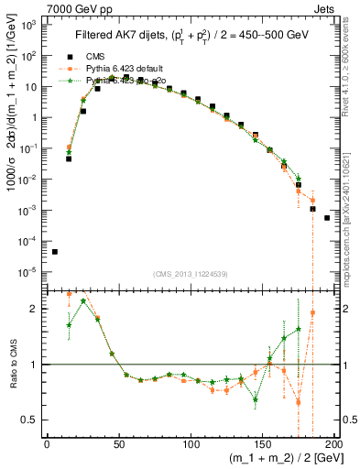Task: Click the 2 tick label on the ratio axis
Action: pos(34,309)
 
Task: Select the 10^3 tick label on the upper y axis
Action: pos(27,25)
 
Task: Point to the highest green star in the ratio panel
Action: pos(83,300)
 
